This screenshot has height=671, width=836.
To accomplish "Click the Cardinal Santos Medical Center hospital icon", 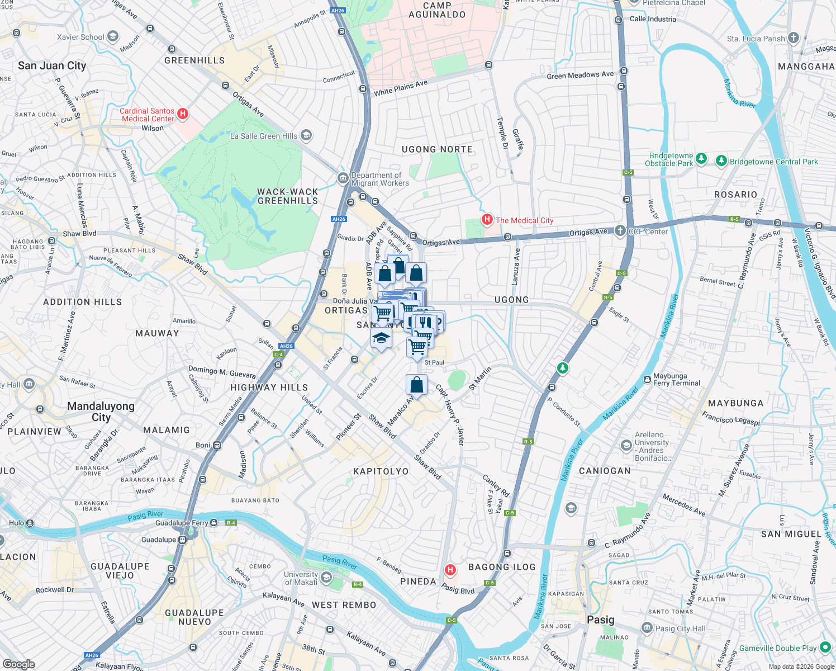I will point(183,115).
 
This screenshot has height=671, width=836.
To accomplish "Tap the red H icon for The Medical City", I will point(487,220).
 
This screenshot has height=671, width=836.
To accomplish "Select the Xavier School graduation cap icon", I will point(113,37).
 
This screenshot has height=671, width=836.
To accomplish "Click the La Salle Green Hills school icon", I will point(306,135).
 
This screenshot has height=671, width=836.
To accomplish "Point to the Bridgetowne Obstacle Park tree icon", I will point(701,159).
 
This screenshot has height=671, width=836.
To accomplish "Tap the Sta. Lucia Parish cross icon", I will point(793,38).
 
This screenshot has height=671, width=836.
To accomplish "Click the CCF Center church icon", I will point(620,230).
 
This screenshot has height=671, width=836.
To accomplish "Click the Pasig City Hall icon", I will point(647,628).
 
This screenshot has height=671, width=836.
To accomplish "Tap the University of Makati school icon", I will point(326,578).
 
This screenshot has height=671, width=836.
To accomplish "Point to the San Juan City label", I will point(52,65).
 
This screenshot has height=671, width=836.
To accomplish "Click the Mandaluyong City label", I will point(101,412).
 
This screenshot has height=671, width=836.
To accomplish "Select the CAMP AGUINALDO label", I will point(437,10).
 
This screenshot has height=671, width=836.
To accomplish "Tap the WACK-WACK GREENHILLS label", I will point(288,196).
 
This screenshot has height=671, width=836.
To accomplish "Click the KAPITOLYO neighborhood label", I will point(381,471).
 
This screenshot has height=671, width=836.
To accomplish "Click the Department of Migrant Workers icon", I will point(343,178).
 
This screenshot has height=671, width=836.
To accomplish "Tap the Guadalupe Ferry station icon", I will point(213,523).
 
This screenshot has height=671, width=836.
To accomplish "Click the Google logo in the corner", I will point(19,664).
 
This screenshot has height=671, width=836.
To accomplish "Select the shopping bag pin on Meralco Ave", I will point(416,385).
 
